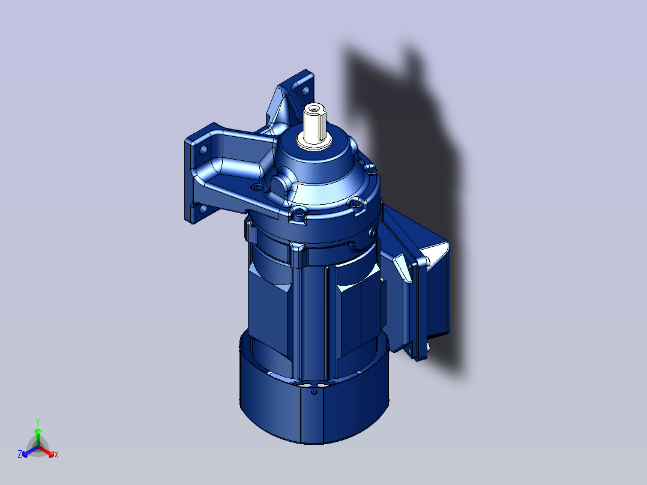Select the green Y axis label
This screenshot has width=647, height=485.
point(37,421)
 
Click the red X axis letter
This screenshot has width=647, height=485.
point(56,455)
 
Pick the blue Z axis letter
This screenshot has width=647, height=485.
point(20,455)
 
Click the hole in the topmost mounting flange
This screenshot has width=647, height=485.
point(304,91)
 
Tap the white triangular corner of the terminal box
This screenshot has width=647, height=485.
point(436,252)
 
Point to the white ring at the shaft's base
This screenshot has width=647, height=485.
point(315,143)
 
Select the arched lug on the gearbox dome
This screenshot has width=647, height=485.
point(280,183)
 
